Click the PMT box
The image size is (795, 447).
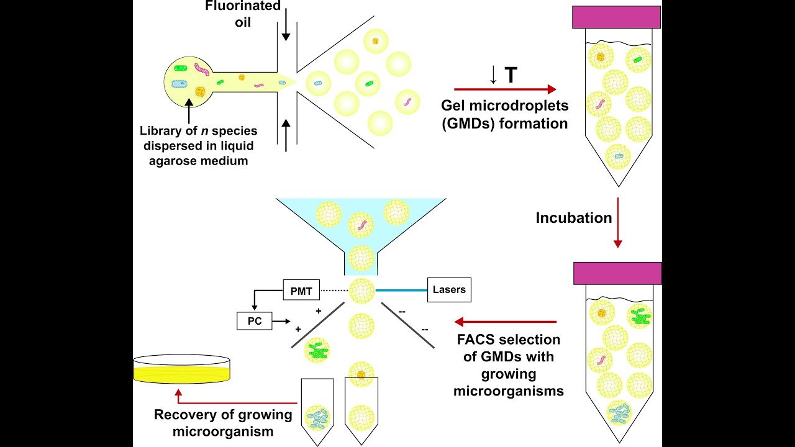coord(301,289)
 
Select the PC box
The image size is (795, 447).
coord(255,321)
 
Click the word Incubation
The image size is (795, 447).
coord(574,218)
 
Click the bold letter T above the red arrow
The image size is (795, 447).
coord(511,75)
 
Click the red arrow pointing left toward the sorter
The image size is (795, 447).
coord(506,322)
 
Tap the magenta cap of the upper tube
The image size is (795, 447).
coord(616,17)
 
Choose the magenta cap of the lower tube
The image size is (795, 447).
coord(617,273)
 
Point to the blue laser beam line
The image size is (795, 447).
coord(401,290)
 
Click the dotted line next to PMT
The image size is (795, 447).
coord(334,290)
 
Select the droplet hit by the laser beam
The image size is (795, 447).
coord(361,290)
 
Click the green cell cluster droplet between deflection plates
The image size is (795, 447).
coord(319,351)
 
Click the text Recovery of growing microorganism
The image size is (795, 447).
coord(223,423)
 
